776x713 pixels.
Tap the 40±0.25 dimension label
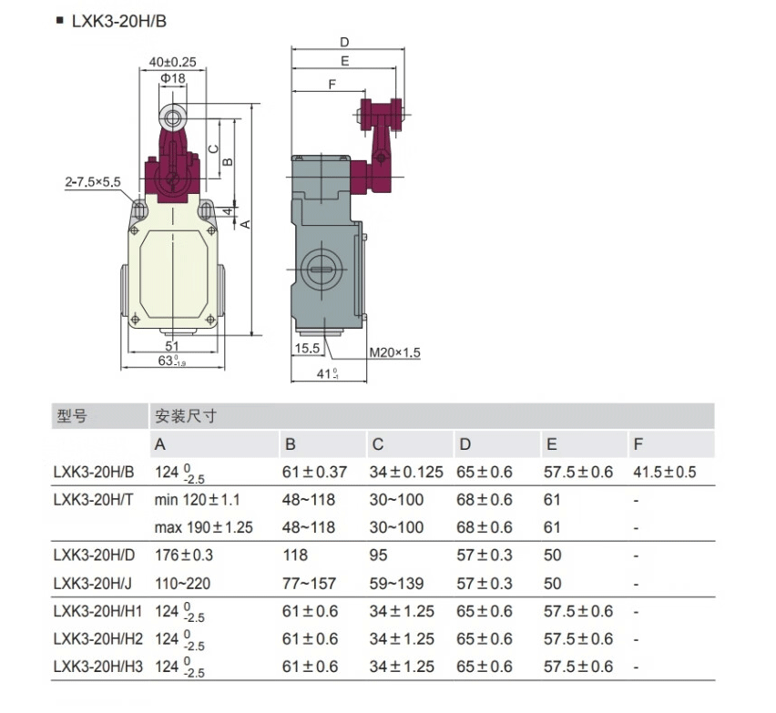[x=172, y=62]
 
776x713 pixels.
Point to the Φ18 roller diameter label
[x=172, y=79]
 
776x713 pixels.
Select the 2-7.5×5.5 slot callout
[x=93, y=182]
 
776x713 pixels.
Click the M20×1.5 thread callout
[x=394, y=352]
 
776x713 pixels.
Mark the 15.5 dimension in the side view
[x=307, y=348]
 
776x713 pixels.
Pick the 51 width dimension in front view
[x=171, y=346]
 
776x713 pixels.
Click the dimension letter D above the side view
[x=344, y=42]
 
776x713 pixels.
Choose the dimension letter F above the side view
[x=332, y=84]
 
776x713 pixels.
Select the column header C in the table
[x=377, y=444]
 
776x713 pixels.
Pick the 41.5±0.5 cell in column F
[x=665, y=473]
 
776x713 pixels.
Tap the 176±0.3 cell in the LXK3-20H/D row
[x=184, y=555]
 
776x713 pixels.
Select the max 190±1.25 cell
[x=204, y=527]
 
